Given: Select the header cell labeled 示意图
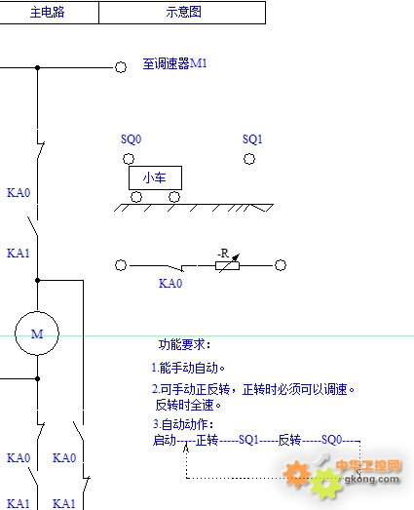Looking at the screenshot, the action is (x=182, y=13).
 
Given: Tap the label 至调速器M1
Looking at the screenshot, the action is (x=174, y=63).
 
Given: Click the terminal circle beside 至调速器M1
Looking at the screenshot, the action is (x=121, y=67).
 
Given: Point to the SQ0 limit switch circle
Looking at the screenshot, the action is (x=129, y=159).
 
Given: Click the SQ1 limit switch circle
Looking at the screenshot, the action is (x=249, y=159).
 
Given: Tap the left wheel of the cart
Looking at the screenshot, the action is (x=136, y=197).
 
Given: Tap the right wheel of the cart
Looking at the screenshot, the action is (x=174, y=197).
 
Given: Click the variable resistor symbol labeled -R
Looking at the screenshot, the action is (x=228, y=265).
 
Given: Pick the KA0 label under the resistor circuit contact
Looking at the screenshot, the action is (x=170, y=284).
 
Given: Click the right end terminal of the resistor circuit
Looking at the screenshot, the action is (x=281, y=265).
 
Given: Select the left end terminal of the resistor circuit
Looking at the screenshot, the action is (x=121, y=265).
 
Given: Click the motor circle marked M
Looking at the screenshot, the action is (x=37, y=312).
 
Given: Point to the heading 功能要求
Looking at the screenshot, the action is (x=184, y=344).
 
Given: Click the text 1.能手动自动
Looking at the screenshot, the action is (x=188, y=368).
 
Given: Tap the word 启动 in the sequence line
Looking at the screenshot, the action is (x=165, y=440).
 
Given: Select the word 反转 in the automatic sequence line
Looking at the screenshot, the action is (x=289, y=440).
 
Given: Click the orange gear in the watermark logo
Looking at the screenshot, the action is (x=296, y=474).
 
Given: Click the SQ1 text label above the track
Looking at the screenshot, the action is (x=252, y=139).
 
